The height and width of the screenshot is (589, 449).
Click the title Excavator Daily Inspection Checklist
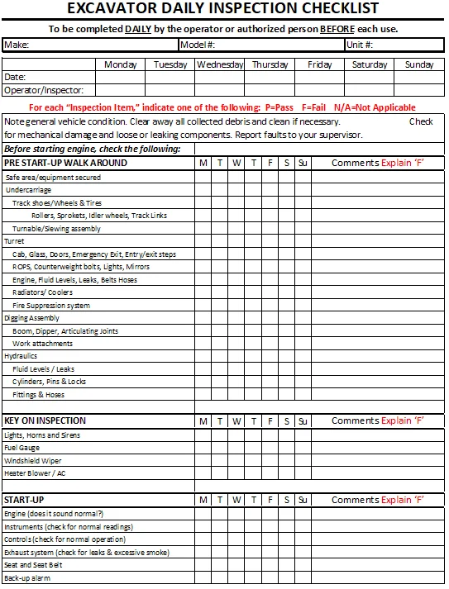coord(222,9)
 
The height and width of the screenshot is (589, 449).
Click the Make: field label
coord(17,45)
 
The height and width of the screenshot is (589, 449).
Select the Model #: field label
coord(198,45)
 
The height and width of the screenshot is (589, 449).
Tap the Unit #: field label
coord(360,45)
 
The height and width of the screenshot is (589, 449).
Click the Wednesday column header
coord(220,64)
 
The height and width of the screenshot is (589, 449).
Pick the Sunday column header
coord(419,64)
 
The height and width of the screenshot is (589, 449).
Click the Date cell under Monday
coord(121,78)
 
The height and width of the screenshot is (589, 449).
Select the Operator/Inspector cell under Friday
coord(319,91)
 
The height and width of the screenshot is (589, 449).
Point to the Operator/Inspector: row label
coord(37,91)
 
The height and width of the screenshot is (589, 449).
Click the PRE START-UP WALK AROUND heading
coord(65,163)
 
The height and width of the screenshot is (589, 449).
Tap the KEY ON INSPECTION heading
coord(45,420)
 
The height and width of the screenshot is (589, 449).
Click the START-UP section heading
coord(24,500)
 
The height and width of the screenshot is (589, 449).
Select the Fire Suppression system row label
coord(51,306)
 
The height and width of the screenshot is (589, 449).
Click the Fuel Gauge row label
coord(21,448)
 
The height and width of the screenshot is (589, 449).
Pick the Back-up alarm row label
coord(27,578)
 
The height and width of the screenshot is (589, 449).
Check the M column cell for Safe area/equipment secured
coord(203,178)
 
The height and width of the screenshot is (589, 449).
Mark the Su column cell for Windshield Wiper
coord(303,461)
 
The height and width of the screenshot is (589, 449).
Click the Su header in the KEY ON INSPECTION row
coord(303,420)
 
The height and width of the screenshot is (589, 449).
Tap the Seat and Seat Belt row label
coord(33,565)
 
